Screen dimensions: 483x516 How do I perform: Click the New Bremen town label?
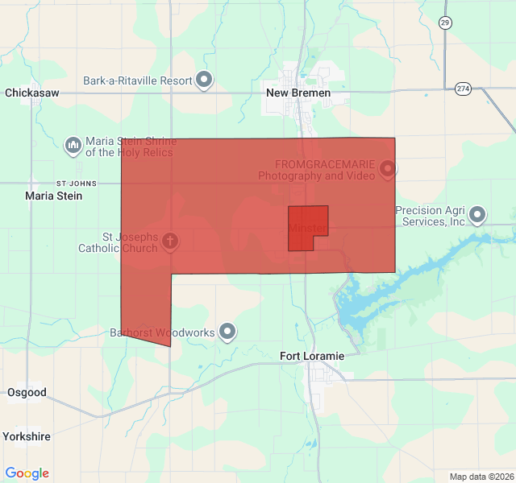(298, 93)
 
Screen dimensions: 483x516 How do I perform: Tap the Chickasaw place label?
(32, 93)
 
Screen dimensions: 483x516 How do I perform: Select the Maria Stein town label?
(54, 196)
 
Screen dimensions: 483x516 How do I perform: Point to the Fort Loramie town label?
(312, 356)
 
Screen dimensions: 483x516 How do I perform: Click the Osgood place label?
(27, 393)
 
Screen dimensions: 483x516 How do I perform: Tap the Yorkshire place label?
(27, 436)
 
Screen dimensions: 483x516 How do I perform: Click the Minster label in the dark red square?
(306, 229)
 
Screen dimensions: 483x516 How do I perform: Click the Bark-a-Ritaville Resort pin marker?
(205, 80)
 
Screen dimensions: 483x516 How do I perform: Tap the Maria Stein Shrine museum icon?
(73, 145)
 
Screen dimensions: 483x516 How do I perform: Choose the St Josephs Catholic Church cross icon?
(170, 240)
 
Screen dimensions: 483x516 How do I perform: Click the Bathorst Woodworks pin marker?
(228, 331)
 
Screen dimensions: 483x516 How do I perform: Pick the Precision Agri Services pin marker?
(478, 214)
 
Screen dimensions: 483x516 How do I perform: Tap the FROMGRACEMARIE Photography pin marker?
(388, 168)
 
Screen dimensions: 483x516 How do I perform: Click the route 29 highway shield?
(446, 23)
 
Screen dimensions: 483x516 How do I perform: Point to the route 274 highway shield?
(463, 88)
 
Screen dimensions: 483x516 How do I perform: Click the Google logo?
(27, 473)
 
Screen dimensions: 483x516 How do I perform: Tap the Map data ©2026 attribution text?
(481, 477)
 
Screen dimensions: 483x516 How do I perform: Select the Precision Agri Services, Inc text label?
(431, 216)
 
